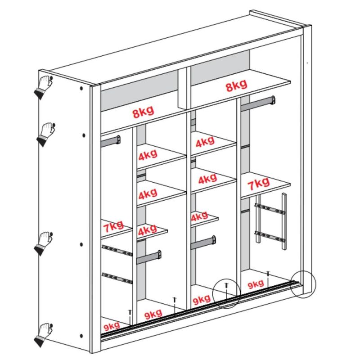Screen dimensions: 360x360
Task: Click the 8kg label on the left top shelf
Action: point(143,112)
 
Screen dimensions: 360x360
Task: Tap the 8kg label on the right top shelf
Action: point(237,85)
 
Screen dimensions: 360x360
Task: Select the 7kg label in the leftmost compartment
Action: point(113,226)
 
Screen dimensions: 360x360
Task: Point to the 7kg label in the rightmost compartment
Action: point(258,184)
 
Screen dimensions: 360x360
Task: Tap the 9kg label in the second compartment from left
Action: point(153,314)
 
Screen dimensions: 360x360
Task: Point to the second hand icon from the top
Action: point(46,135)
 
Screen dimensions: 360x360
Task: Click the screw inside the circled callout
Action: point(227,290)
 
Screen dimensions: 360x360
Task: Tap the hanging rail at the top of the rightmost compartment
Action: point(258,103)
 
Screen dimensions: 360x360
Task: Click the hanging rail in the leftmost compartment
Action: point(111,141)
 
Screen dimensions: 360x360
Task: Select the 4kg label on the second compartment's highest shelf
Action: point(148,155)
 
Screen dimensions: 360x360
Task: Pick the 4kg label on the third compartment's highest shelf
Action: point(205,141)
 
